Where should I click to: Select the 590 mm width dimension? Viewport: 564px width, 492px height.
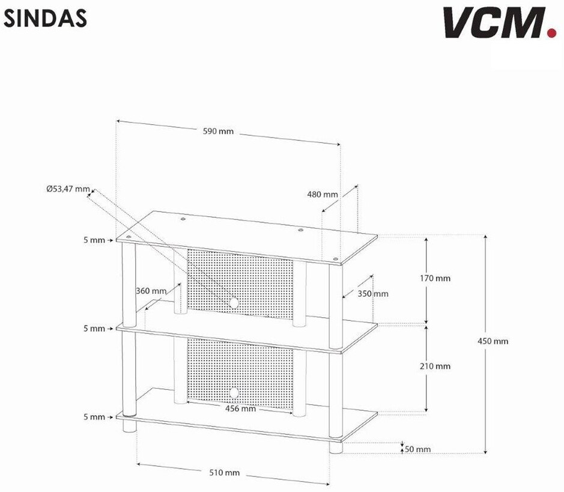218,132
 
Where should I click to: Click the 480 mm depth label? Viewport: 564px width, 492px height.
323,194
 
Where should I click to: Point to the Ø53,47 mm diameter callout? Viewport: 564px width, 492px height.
68,189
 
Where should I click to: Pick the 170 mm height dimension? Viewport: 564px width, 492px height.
435,278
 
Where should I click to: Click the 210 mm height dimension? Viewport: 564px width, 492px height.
435,366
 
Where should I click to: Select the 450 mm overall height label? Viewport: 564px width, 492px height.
493,341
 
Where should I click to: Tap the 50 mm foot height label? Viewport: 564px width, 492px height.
417,449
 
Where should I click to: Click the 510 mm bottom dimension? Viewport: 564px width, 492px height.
224,473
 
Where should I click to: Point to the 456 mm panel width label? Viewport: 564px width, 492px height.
240,409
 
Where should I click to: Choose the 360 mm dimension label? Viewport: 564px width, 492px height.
151,291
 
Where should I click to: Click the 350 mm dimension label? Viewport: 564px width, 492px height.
373,294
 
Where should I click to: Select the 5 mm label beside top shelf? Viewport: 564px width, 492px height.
94,240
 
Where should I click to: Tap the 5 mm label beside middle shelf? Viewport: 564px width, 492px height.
94,329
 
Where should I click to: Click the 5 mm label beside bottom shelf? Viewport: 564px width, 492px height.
94,417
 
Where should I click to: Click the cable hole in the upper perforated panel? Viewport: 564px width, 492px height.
233,302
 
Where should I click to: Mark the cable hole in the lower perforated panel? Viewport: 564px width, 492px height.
233,393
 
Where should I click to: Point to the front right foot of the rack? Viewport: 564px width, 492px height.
336,447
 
